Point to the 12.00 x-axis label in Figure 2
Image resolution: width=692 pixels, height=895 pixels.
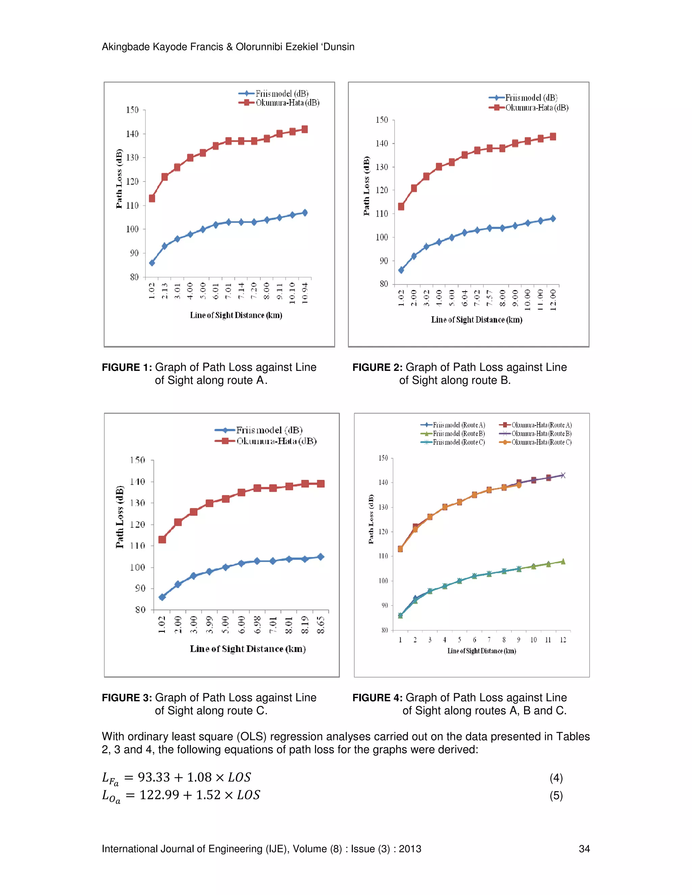coord(553,300)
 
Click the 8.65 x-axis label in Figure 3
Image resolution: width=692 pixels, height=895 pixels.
coord(321,625)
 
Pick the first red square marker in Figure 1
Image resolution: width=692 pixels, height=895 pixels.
coord(152,198)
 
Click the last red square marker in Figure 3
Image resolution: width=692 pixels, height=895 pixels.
coord(321,484)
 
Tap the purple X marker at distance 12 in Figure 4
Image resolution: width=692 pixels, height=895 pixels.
coord(563,476)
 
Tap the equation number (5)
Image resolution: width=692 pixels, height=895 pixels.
coord(556,796)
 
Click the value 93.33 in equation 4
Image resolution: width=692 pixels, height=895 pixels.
coord(154,777)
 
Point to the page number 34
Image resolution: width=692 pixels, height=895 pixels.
coord(584,849)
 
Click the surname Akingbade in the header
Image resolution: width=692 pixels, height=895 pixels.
coord(126,47)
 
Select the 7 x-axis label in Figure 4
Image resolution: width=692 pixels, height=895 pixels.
coord(489,640)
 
